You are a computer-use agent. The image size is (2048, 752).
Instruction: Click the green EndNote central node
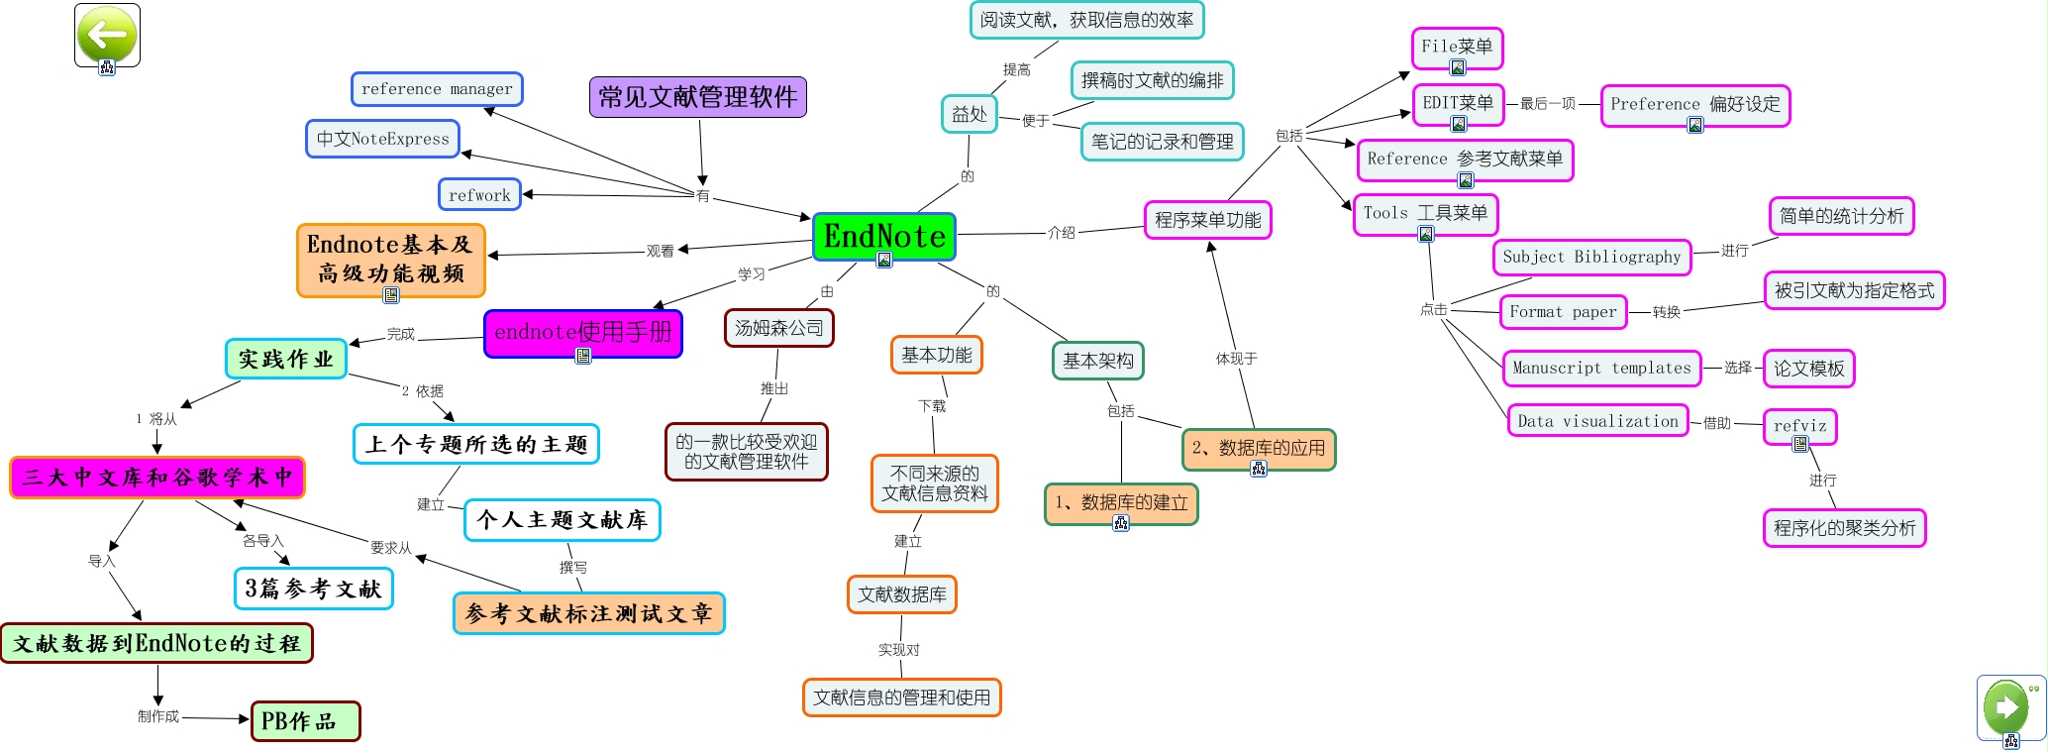click(884, 237)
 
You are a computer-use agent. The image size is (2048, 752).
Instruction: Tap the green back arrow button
click(107, 35)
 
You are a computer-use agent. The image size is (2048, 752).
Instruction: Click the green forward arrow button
click(2008, 706)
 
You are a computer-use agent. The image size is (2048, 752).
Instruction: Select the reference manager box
click(437, 89)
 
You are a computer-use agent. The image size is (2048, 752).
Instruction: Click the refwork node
click(479, 195)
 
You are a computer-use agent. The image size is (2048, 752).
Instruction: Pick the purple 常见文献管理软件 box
click(697, 97)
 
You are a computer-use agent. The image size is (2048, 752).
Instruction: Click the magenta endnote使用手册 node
click(582, 332)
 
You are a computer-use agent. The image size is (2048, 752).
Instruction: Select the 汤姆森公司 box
click(778, 328)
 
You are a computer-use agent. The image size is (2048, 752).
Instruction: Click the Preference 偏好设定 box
click(1694, 104)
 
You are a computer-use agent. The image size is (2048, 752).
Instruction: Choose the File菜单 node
click(1457, 47)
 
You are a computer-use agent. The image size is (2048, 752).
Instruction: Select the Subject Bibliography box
click(1591, 257)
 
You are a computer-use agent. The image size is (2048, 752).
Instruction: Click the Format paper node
click(1563, 312)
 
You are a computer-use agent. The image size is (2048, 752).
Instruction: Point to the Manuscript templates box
click(1601, 368)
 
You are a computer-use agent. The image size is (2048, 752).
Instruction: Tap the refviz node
click(1799, 425)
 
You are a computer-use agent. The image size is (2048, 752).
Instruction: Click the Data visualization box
click(1597, 421)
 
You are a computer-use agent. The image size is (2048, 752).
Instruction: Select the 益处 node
click(969, 114)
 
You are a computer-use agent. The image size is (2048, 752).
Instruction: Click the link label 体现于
click(1236, 359)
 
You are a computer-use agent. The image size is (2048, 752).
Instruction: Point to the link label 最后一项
click(1547, 103)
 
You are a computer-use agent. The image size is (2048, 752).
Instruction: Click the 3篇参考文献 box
click(313, 589)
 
